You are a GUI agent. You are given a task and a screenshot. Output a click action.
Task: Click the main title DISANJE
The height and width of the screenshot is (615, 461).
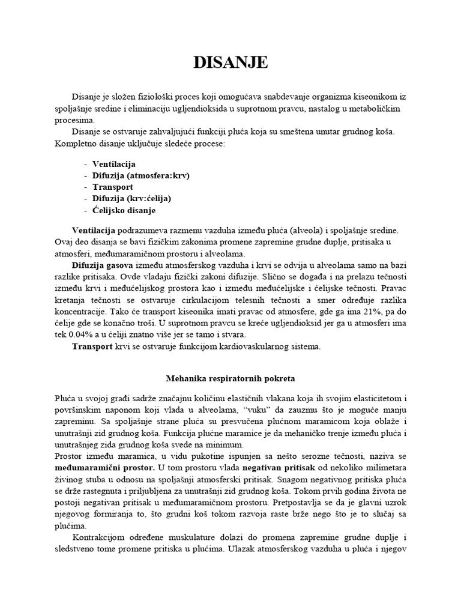pos(230,62)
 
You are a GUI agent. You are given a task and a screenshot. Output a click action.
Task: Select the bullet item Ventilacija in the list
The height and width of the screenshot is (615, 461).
pos(114,164)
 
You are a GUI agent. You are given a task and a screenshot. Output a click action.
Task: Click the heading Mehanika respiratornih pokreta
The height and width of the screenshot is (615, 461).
pos(230,378)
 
